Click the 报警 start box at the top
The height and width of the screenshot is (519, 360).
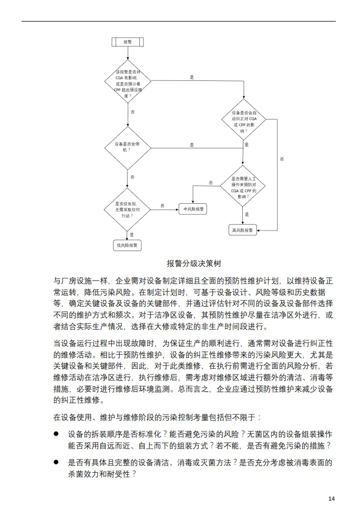[x=128, y=41]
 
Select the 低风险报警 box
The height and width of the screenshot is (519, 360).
[x=128, y=245]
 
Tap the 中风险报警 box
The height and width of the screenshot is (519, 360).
[x=192, y=209]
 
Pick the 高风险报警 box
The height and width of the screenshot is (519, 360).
[x=242, y=230]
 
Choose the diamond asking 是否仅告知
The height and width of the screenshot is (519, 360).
[x=128, y=209]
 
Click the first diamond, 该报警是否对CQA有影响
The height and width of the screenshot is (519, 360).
[x=128, y=81]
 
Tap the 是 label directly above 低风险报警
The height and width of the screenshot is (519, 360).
[x=131, y=235]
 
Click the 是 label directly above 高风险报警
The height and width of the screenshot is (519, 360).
[x=246, y=215]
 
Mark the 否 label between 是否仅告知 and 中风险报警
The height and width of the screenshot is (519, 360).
[x=162, y=205]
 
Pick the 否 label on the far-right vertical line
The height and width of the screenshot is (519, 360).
[x=282, y=159]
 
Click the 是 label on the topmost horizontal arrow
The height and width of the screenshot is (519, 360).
[x=192, y=77]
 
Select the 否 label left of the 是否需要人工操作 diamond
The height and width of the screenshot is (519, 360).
[x=211, y=182]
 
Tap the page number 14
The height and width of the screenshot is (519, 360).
[x=331, y=499]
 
